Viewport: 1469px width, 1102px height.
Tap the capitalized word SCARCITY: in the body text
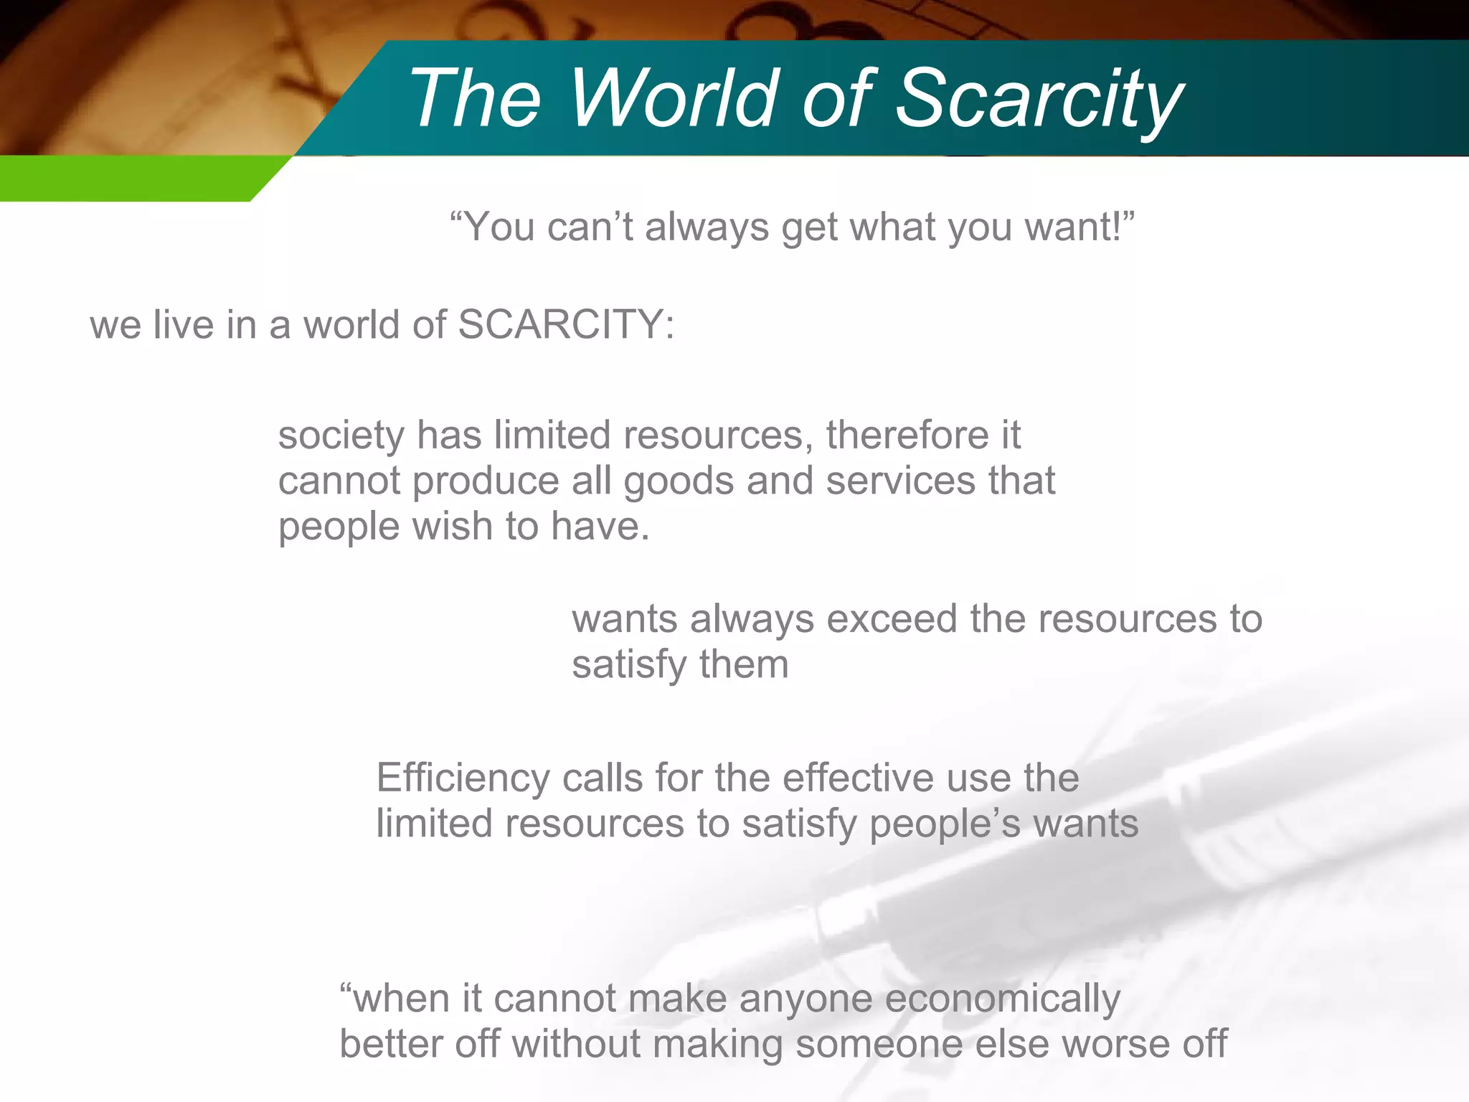point(566,324)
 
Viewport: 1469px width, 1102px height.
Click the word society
point(341,436)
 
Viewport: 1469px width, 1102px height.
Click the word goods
point(679,481)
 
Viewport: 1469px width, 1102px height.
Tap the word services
point(900,481)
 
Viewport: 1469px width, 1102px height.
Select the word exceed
point(892,618)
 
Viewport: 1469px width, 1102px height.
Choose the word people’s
point(945,824)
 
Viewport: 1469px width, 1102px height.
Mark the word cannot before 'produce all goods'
point(339,481)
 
